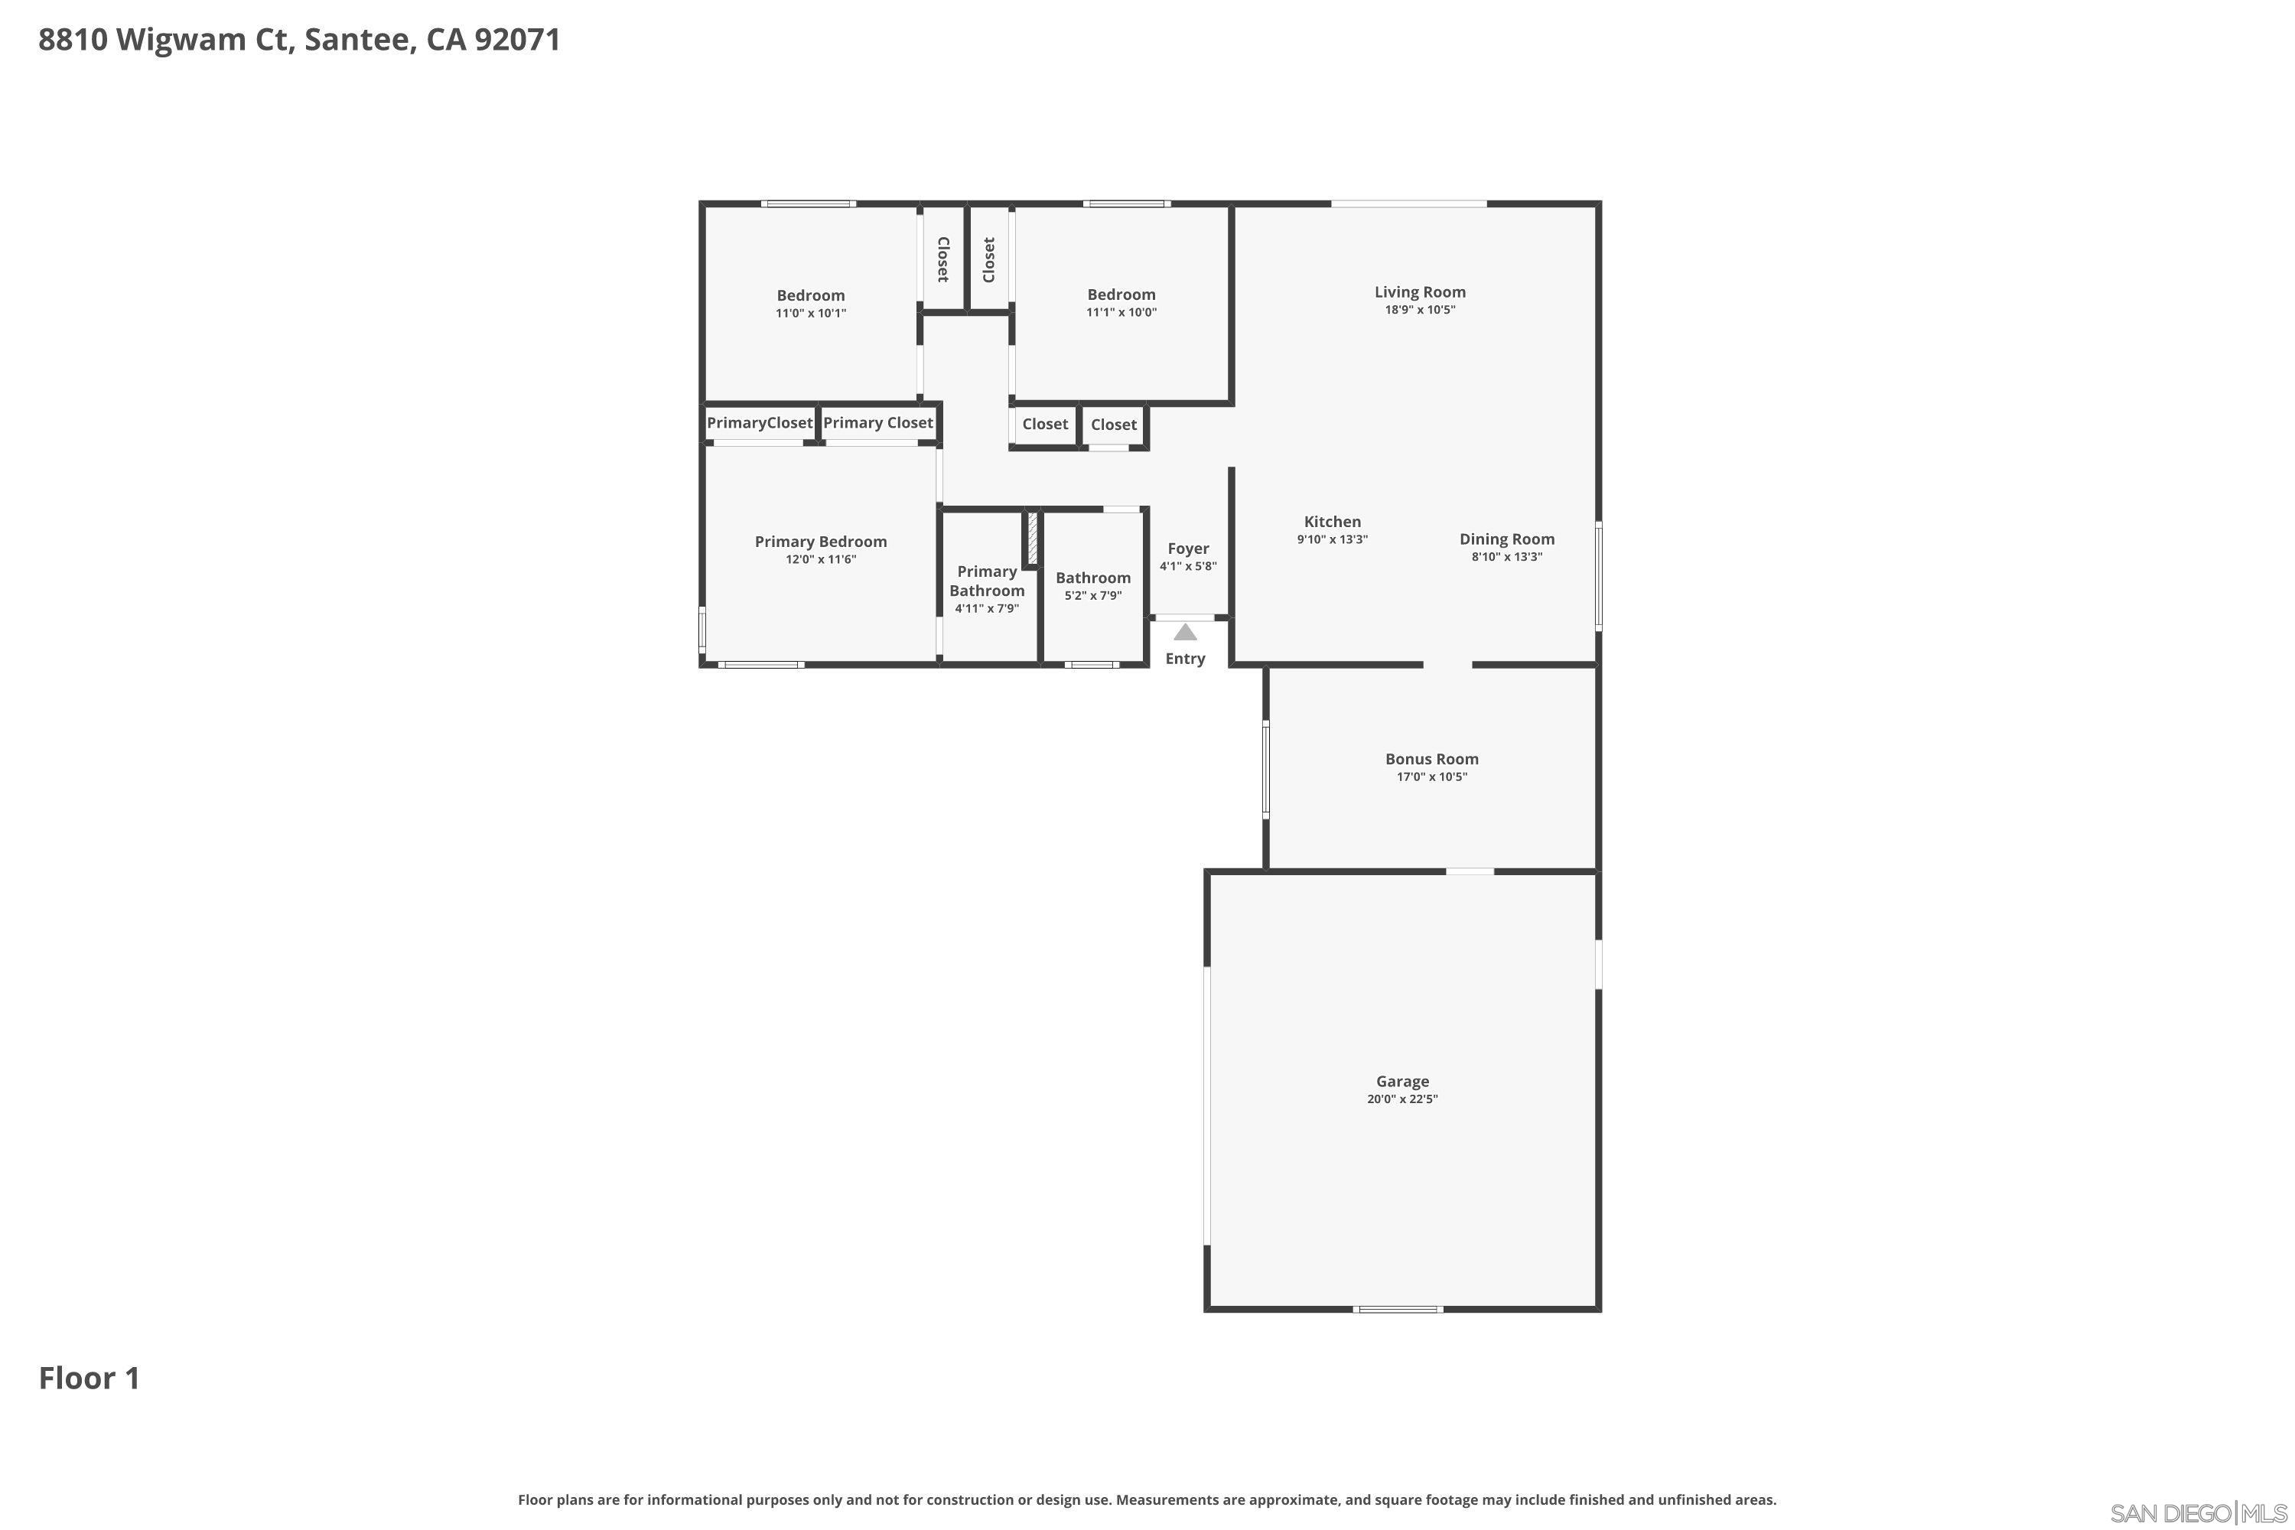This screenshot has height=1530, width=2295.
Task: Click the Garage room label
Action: click(1402, 1081)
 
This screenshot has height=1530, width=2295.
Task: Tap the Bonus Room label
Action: click(1431, 759)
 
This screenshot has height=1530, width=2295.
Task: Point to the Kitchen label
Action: click(1332, 522)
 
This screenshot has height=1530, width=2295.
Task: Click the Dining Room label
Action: click(1506, 539)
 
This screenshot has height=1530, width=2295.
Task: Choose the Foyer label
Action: click(1187, 549)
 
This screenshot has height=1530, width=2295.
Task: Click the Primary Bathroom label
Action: click(987, 581)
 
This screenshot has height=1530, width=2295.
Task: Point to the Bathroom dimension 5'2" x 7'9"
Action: click(1093, 595)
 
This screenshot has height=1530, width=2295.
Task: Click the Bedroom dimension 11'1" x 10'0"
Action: click(1121, 313)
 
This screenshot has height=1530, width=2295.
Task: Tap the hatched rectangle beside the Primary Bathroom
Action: click(1031, 537)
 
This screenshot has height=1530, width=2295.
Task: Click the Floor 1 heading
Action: click(90, 1378)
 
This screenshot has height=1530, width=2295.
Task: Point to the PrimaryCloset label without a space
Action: click(759, 422)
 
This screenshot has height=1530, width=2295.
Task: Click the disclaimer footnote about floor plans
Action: click(1147, 1499)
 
